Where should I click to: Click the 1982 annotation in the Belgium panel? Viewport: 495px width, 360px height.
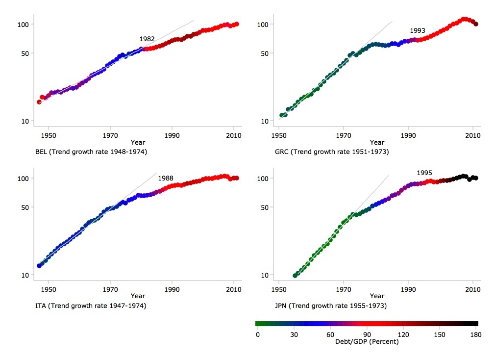pos(147,39)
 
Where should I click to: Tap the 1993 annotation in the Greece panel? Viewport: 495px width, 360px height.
pos(418,30)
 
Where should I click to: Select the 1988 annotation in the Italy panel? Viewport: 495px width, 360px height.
pos(166,178)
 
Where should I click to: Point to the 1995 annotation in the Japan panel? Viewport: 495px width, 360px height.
pos(424,173)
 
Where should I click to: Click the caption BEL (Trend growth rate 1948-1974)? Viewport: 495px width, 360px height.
pos(91,152)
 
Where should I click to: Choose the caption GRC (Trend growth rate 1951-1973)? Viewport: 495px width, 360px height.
pos(332,152)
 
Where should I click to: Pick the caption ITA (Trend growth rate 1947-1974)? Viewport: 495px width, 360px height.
pos(91,306)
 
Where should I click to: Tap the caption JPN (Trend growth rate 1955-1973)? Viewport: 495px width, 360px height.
pos(331,306)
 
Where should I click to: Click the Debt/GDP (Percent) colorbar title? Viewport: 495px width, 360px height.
pos(367,341)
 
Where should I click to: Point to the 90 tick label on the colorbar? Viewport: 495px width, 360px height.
pos(367,334)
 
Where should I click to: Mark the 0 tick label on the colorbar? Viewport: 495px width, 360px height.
pos(257,334)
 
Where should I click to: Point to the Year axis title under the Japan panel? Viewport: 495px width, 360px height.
pos(377,296)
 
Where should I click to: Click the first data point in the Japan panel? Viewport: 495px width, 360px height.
pos(295,276)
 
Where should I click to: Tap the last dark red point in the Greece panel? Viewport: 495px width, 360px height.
pos(475,24)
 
